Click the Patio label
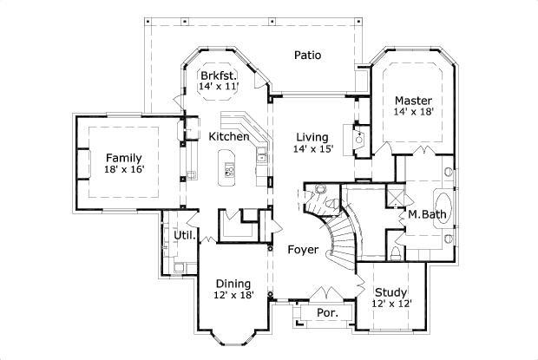pyautogui.click(x=307, y=55)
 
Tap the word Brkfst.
pyautogui.click(x=218, y=75)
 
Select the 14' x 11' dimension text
pyautogui.click(x=218, y=87)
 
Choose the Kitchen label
pyautogui.click(x=229, y=136)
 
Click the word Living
pyautogui.click(x=312, y=136)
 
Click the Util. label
pyautogui.click(x=183, y=235)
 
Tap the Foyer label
pyautogui.click(x=304, y=250)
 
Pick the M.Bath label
pyautogui.click(x=426, y=213)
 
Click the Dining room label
pyautogui.click(x=233, y=284)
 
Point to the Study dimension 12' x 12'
pyautogui.click(x=391, y=304)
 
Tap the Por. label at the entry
pyautogui.click(x=326, y=311)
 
